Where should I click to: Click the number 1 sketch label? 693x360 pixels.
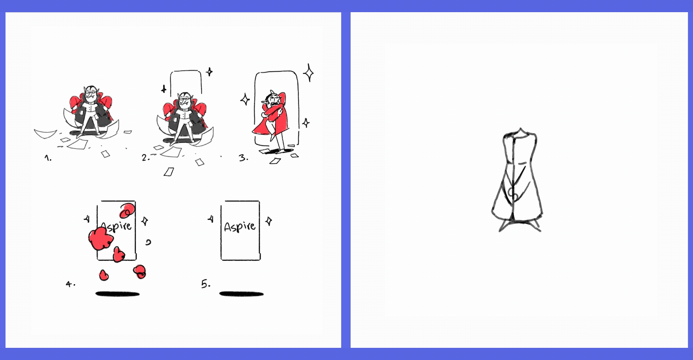48,158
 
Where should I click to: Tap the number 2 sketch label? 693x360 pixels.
146,158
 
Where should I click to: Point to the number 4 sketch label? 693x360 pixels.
71,284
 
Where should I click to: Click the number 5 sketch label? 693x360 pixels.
206,284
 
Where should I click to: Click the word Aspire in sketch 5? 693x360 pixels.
240,227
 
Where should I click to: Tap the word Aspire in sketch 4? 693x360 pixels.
117,227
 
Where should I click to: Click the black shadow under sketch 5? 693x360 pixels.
241,294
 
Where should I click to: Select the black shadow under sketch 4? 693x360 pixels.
118,294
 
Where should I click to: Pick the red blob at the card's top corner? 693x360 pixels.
127,210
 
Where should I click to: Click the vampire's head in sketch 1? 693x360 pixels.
91,94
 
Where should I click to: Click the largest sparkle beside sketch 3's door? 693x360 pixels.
308,73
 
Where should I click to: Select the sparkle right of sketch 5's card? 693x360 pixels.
269,221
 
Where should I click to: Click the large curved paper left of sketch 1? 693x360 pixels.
45,134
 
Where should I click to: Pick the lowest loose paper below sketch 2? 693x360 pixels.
169,172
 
